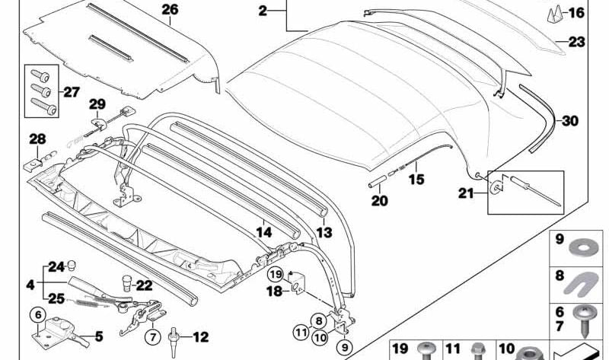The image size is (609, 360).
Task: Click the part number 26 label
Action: pos(169,10)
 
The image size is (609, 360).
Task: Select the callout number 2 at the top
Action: pos(263,11)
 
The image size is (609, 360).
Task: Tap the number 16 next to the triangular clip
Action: pos(576,13)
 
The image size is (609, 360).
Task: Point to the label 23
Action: pos(576,43)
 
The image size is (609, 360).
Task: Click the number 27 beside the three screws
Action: pos(70,92)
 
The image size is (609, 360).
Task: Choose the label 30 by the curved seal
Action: pos(571,119)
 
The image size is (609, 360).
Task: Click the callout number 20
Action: pos(379,201)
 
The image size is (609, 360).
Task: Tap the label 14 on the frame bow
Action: pos(263,234)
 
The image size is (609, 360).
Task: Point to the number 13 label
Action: pos(325,233)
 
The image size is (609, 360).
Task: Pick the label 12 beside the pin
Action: pos(199,335)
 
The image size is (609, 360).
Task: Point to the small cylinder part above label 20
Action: pos(378,185)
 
